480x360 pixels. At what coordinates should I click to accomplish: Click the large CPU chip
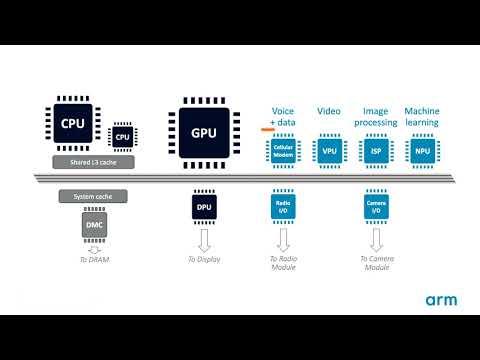73,124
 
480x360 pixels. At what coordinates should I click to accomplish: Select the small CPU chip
123,136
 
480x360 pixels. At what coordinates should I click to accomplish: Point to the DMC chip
91,227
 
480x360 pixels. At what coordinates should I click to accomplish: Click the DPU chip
203,208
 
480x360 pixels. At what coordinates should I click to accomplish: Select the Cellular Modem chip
284,150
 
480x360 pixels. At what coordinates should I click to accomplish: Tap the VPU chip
329,150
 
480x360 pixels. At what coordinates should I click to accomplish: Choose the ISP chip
376,150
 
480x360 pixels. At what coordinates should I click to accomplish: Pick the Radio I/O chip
284,207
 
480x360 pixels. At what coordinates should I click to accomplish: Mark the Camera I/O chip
376,207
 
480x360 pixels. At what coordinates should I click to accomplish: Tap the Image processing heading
377,116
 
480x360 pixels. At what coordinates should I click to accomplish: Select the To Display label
203,260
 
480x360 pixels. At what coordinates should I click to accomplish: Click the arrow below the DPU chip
203,237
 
